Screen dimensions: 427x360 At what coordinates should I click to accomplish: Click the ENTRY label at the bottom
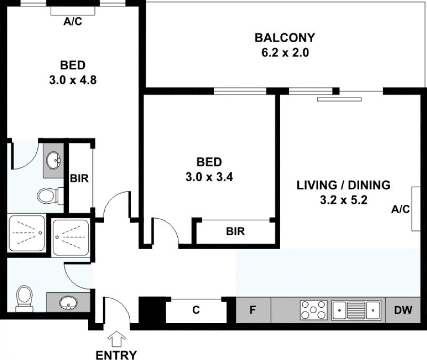click(116, 355)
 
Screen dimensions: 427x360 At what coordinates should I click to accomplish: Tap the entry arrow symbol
click(116, 339)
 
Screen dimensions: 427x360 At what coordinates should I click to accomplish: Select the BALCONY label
click(285, 37)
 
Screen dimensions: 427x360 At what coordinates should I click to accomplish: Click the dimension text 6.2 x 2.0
click(285, 52)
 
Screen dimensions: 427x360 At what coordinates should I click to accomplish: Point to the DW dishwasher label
click(404, 310)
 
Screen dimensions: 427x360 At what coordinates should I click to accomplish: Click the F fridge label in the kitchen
click(252, 310)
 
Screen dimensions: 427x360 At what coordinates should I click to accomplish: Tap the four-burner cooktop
click(313, 310)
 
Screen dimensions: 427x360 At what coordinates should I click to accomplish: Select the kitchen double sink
click(356, 310)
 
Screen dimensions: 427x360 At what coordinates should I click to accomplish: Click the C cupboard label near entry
click(196, 310)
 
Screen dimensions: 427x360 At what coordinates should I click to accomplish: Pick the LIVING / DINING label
click(343, 185)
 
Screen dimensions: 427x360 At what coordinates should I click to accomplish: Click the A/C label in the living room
click(400, 209)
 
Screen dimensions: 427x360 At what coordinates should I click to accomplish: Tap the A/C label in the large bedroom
click(73, 21)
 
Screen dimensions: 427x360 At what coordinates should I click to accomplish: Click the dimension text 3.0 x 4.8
click(73, 81)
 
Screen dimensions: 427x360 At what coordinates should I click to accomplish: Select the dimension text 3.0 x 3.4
click(209, 177)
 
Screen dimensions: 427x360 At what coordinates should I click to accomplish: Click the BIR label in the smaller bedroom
click(235, 231)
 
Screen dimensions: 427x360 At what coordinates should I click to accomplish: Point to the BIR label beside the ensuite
click(79, 179)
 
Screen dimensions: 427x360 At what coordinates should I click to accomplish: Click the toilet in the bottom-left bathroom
click(25, 299)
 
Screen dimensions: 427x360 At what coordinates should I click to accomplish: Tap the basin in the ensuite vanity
click(53, 161)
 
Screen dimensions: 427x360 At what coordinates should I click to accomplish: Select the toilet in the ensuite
click(50, 196)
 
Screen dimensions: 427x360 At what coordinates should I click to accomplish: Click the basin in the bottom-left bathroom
click(69, 302)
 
